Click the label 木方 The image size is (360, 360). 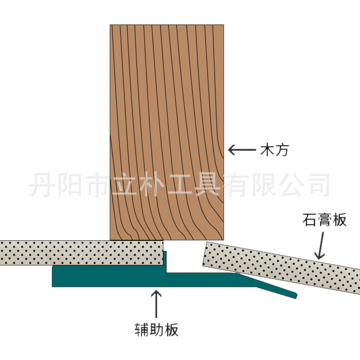[275, 151]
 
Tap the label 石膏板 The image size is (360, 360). [324, 220]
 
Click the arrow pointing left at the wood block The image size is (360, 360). [241, 151]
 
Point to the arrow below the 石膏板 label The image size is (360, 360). [320, 246]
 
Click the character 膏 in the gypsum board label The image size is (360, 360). [324, 220]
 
